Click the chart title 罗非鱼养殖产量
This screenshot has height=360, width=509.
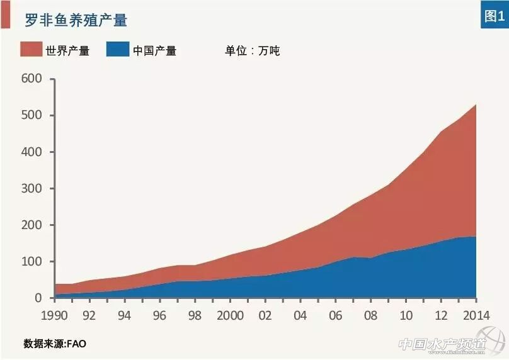coord(76,20)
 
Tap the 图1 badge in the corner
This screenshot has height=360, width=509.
coord(493,15)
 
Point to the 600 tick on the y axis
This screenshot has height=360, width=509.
coord(31,79)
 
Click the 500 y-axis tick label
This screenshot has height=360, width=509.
coord(31,115)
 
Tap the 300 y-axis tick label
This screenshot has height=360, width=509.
coord(31,188)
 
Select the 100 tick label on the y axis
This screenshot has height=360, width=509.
coord(31,261)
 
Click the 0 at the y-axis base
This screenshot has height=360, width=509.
coord(38,298)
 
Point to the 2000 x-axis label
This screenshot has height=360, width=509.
coord(230,315)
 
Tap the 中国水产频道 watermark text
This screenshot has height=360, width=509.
coord(442,344)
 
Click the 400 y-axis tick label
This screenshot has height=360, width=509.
coord(31,152)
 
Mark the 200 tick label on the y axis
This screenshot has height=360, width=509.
coord(31,225)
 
